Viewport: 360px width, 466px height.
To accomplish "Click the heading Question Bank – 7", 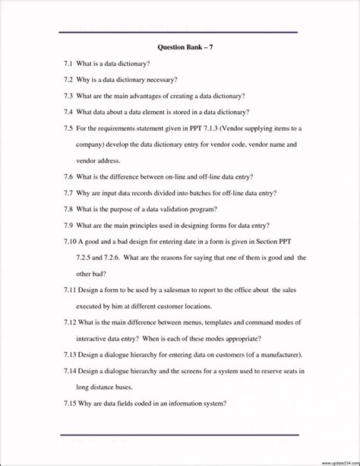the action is (x=180, y=47).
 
